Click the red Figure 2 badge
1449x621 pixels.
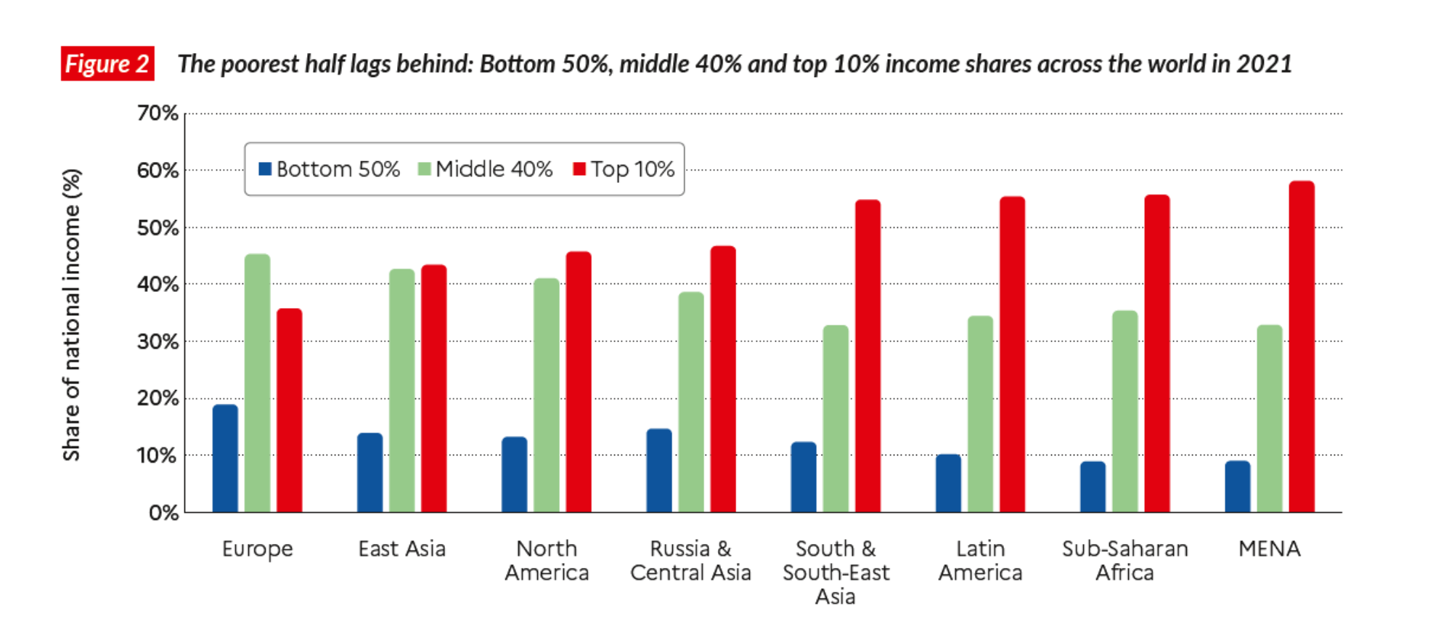pos(107,64)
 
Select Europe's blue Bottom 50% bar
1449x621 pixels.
pos(225,459)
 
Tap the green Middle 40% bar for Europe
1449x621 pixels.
pos(257,383)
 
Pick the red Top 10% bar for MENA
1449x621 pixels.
pos(1302,347)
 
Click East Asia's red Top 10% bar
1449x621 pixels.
pos(434,389)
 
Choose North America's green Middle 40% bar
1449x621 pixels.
pos(547,396)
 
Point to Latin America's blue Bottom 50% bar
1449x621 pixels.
pos(948,484)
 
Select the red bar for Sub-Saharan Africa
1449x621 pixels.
pos(1157,354)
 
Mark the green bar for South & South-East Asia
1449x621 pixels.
pos(836,419)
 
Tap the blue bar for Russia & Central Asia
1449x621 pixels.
pos(659,471)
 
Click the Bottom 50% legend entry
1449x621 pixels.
pos(330,169)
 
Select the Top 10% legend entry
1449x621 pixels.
pos(624,169)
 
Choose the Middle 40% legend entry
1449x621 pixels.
pos(486,169)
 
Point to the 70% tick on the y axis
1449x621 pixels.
pos(158,113)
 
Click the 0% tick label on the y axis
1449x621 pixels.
pos(163,513)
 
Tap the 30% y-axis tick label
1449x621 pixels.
pos(158,341)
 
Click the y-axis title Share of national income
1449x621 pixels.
pos(71,314)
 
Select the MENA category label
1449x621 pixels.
pos(1269,549)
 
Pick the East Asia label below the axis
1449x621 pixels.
pos(401,549)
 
